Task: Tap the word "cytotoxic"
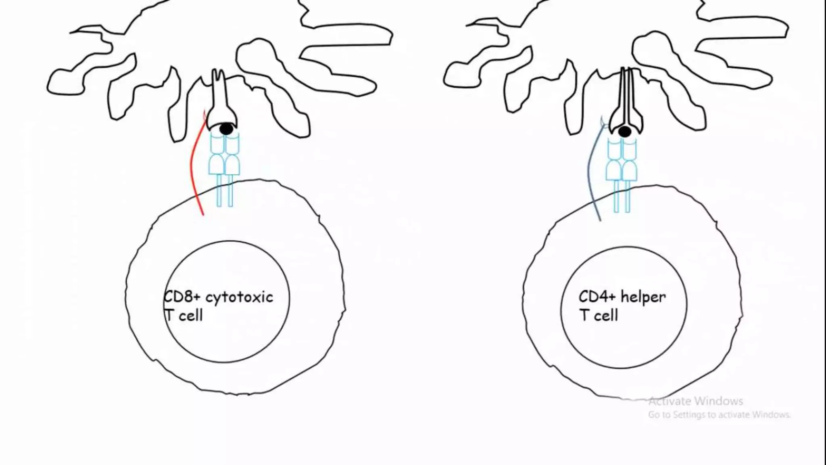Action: (239, 297)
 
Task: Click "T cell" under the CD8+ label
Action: (184, 315)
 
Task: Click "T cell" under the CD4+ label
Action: (599, 315)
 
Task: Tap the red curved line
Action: (193, 170)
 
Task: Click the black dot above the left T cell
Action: (226, 129)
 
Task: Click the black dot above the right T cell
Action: (625, 132)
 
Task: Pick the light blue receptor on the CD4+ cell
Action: (622, 174)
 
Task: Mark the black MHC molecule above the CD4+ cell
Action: (626, 101)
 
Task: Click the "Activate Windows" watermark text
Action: (696, 401)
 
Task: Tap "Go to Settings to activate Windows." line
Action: (719, 415)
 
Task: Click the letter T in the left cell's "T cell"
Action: (169, 315)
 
